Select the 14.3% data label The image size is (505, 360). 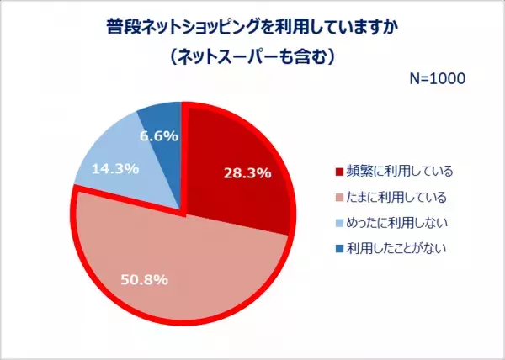(x=117, y=167)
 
